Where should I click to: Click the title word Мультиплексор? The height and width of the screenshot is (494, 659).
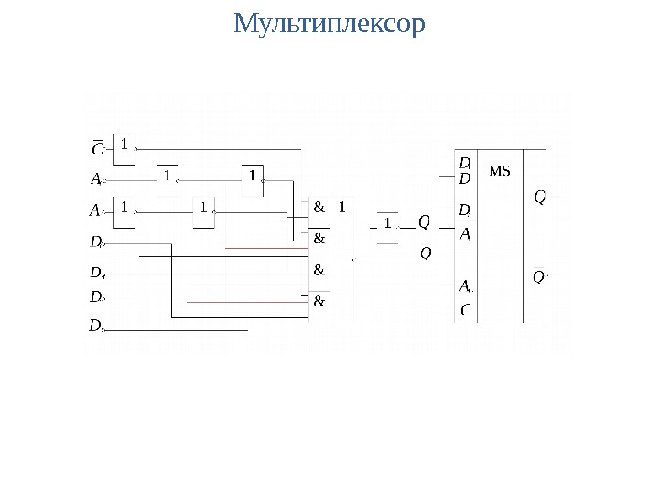[329, 24]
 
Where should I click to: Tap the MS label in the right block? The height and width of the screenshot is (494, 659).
[500, 170]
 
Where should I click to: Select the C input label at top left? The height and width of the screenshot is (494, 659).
[97, 147]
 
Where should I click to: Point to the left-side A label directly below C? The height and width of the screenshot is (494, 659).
[96, 178]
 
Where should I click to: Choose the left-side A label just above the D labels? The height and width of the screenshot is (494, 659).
[96, 210]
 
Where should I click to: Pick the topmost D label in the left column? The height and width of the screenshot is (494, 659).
[96, 242]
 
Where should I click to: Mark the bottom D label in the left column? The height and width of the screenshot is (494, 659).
[96, 326]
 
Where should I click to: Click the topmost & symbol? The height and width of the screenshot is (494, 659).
[319, 207]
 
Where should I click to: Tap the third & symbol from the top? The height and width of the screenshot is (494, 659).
[319, 270]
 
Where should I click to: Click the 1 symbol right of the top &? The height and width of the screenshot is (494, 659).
[342, 207]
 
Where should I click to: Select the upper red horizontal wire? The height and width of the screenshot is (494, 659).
[265, 248]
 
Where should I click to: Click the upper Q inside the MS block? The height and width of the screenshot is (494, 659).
[540, 197]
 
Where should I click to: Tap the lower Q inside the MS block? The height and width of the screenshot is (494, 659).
[539, 277]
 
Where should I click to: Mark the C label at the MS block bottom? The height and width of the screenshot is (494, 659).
[466, 310]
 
